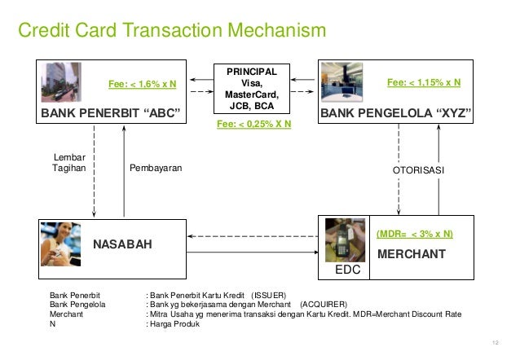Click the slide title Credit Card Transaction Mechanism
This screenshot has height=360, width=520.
pyautogui.click(x=172, y=32)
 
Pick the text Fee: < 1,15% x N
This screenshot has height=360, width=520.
pyautogui.click(x=423, y=82)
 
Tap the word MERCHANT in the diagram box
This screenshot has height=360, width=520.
pyautogui.click(x=411, y=254)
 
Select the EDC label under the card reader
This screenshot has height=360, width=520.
pyautogui.click(x=346, y=266)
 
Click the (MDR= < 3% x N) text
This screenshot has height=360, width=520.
pyautogui.click(x=415, y=234)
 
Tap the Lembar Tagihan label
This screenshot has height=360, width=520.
pyautogui.click(x=68, y=163)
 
